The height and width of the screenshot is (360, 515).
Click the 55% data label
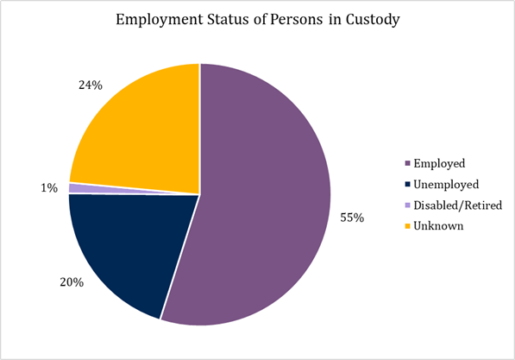point(352,218)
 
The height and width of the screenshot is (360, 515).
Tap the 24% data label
point(90,85)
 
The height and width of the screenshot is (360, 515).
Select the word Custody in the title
point(372,21)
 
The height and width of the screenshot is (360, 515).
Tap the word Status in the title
point(225,21)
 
